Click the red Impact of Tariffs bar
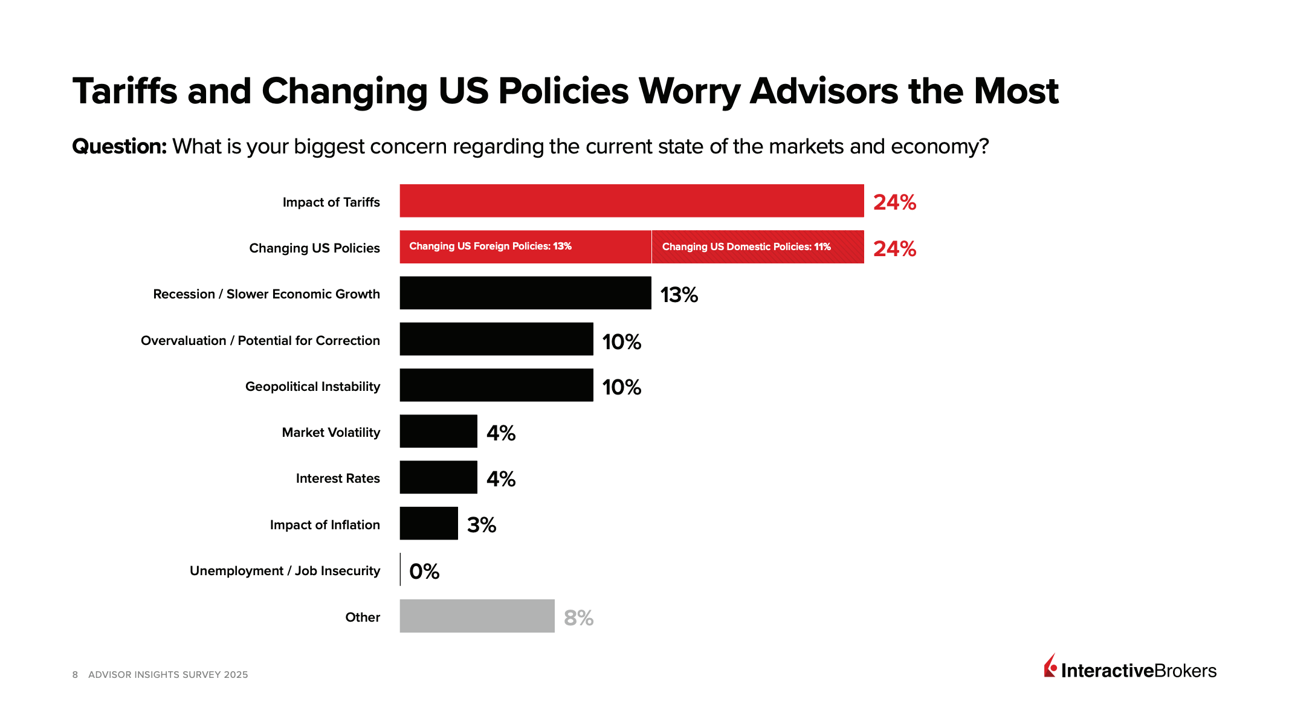point(632,201)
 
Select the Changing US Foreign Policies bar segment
point(525,246)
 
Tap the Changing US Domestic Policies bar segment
point(758,246)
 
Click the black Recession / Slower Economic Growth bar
point(525,293)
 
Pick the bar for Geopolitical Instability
point(496,385)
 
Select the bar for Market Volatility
point(438,431)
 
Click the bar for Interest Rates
point(438,477)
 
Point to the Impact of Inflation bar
point(428,523)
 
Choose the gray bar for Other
point(477,616)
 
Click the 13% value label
point(679,295)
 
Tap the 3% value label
point(482,525)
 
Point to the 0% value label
point(424,572)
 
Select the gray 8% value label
point(578,617)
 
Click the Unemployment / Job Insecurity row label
point(285,571)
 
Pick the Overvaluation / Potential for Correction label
point(260,341)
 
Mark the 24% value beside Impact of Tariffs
point(894,202)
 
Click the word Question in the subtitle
point(119,146)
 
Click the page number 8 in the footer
point(75,675)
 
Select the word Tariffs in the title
point(125,91)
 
